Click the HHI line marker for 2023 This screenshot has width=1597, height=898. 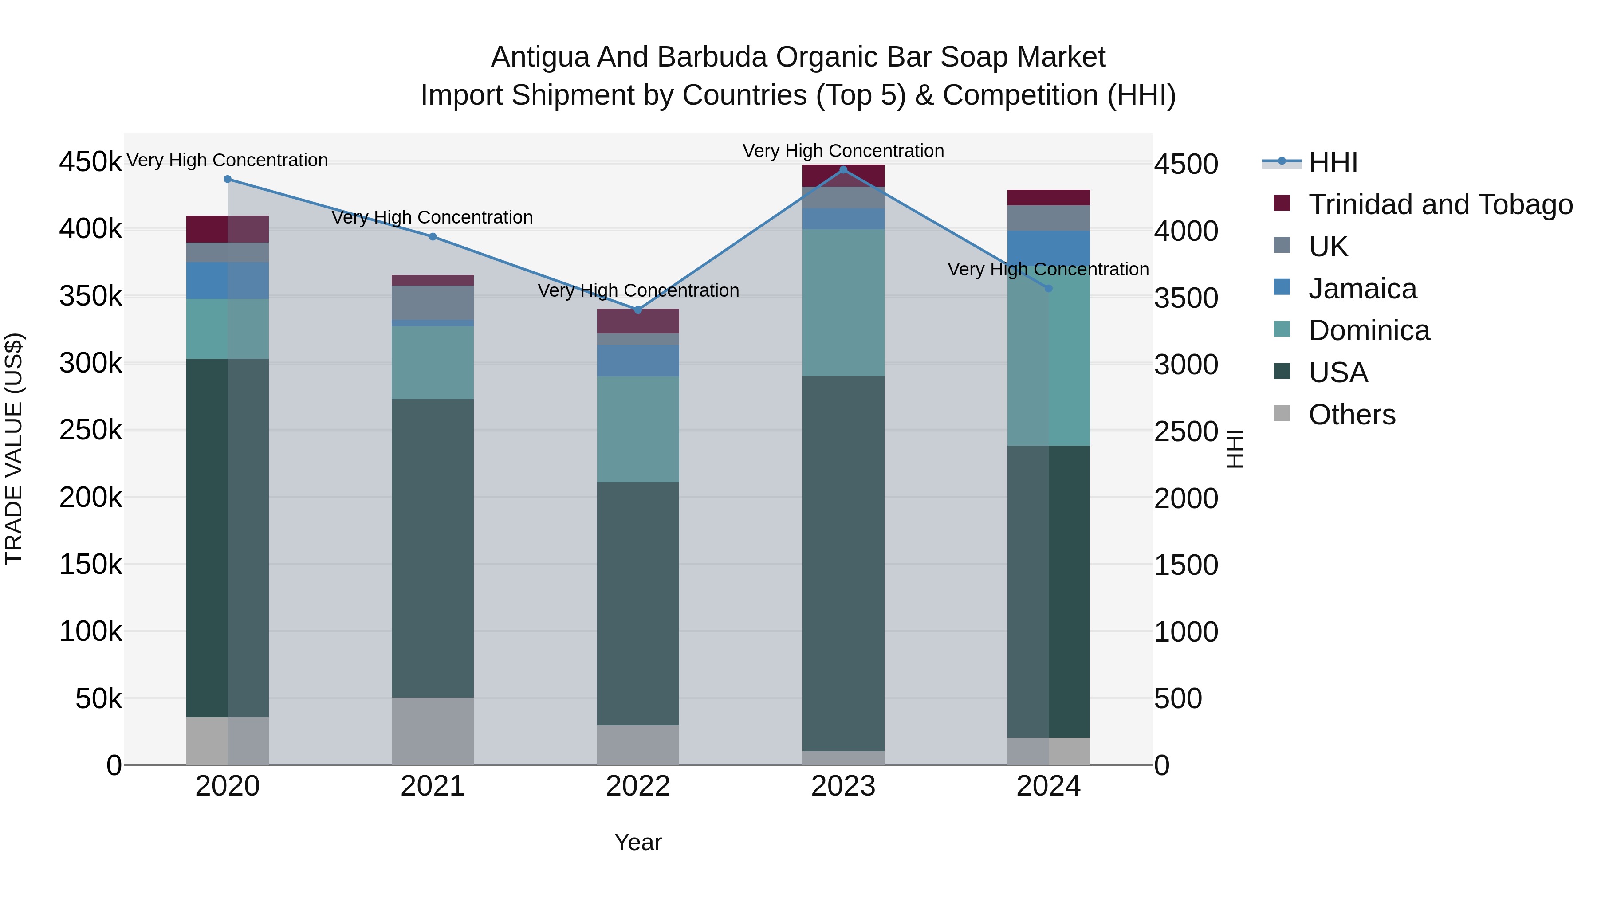pos(843,169)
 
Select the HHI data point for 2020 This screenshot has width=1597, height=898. pos(228,179)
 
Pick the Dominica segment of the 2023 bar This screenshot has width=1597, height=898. pos(843,302)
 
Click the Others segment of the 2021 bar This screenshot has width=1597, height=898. pos(433,731)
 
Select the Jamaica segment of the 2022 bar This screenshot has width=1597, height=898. pos(638,361)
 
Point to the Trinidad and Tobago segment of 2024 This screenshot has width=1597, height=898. pos(1048,197)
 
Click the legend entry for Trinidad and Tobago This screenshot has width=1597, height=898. pos(1440,204)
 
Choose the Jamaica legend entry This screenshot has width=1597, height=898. pos(1362,289)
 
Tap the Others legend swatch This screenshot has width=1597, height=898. pos(1282,413)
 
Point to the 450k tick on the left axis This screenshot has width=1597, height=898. pos(90,162)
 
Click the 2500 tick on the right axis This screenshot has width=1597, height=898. pos(1185,431)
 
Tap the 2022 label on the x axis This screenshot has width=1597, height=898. pos(638,786)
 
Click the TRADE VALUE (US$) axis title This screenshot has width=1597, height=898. pos(14,449)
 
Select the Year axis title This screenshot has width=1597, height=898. pos(638,842)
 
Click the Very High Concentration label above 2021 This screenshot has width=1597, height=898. pos(432,218)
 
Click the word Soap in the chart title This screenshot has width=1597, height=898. pos(975,57)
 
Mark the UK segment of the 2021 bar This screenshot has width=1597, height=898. pos(433,302)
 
